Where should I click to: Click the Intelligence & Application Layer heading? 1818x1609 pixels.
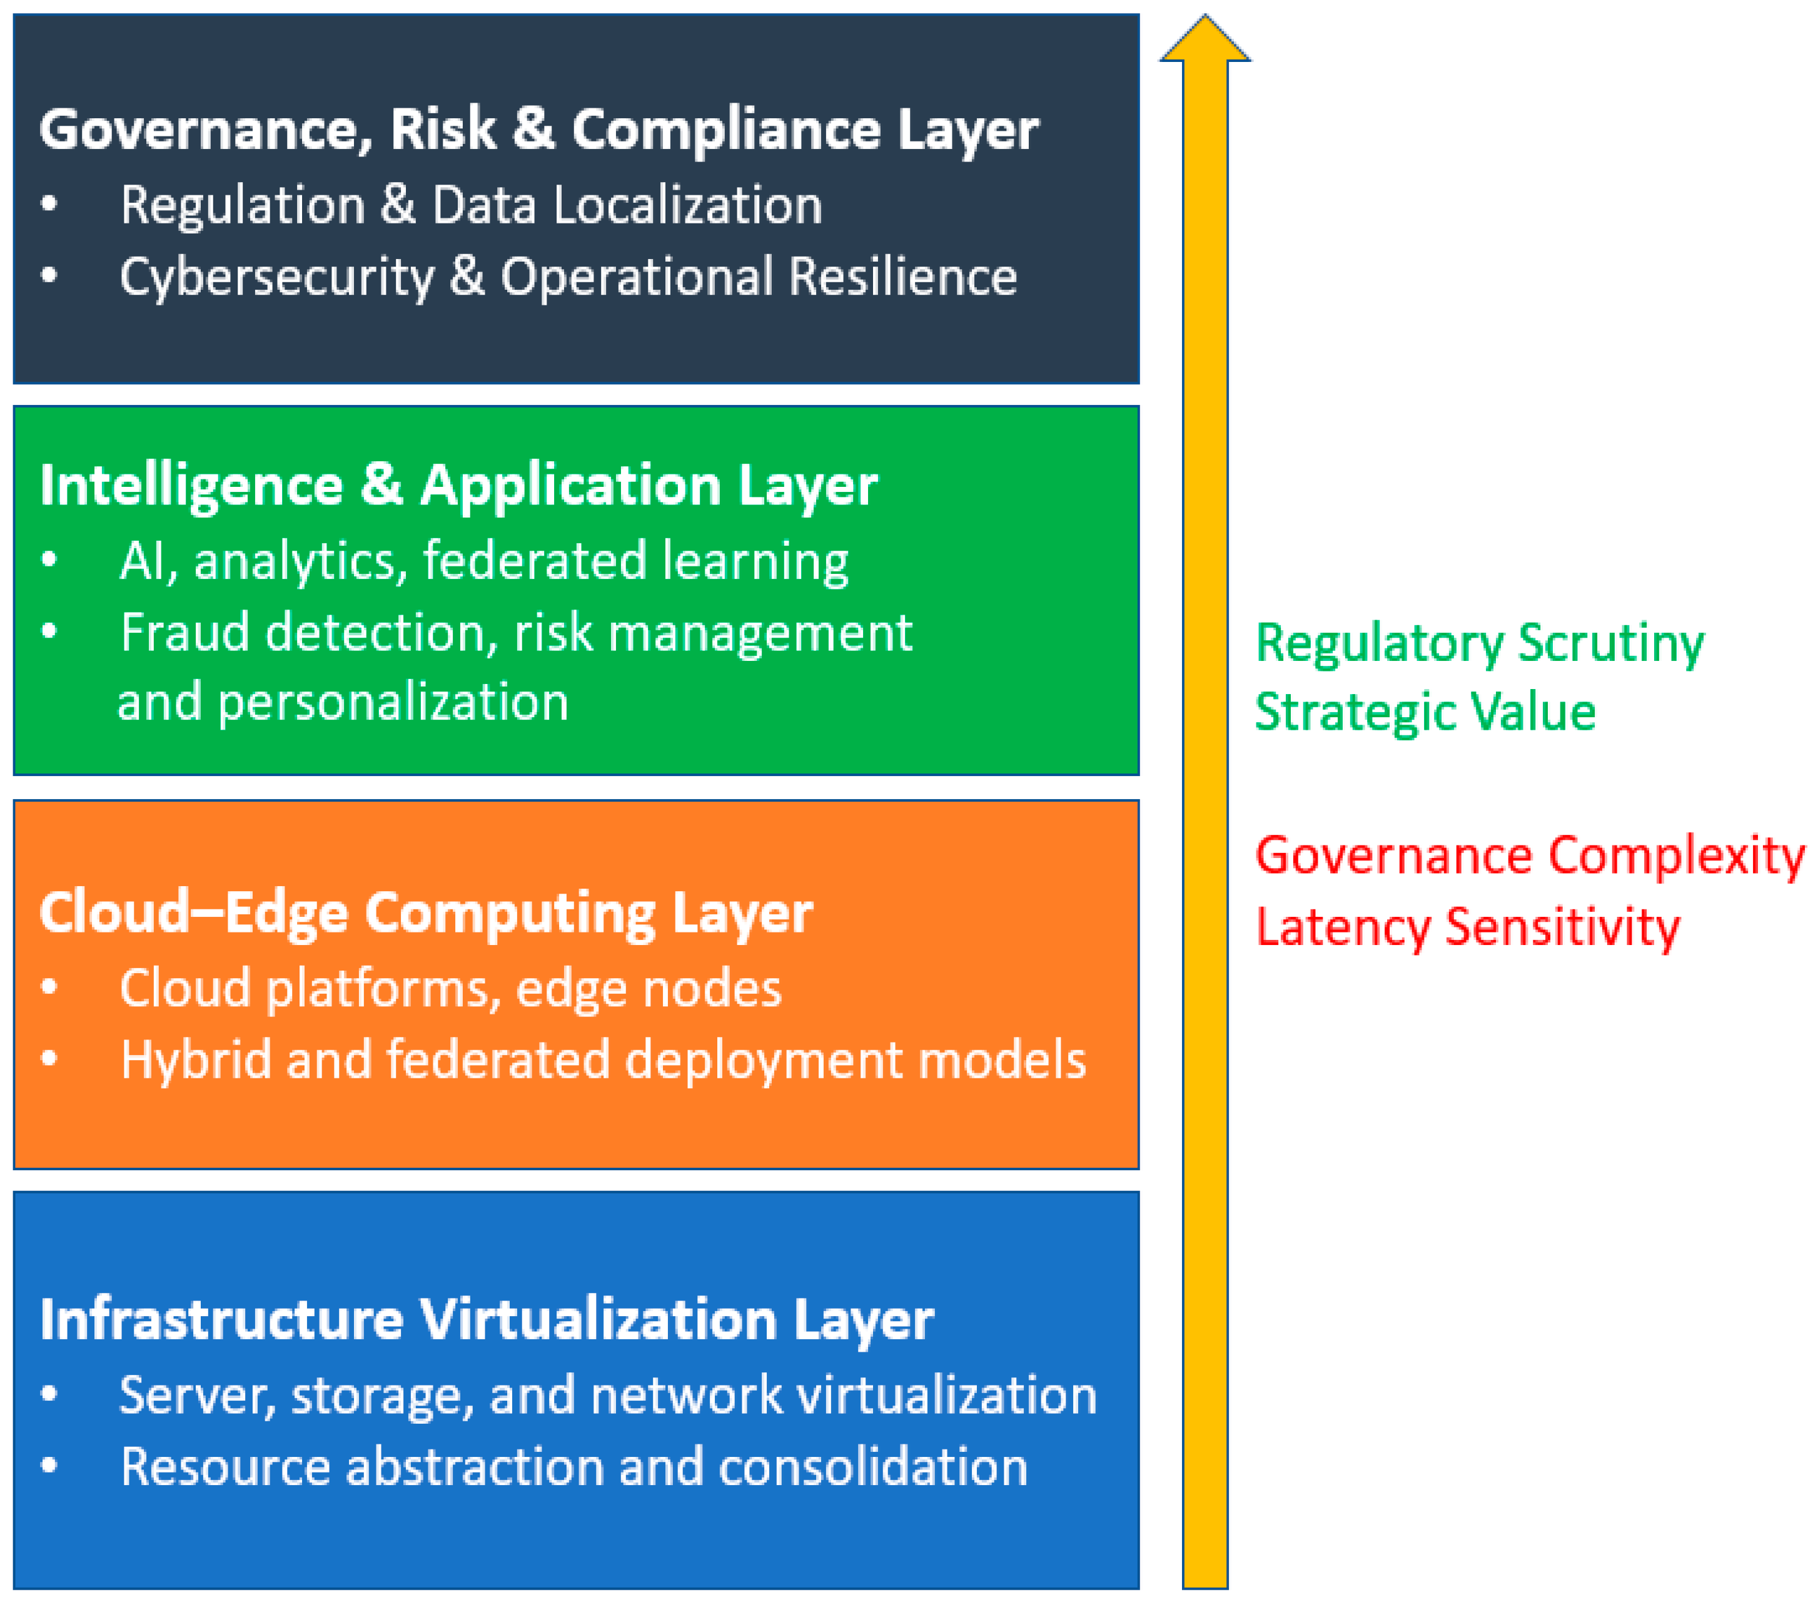(x=458, y=486)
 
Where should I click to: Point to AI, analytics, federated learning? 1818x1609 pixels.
(x=484, y=561)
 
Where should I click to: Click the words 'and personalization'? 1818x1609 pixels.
(x=343, y=702)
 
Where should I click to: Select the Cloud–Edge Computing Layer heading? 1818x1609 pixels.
(x=426, y=913)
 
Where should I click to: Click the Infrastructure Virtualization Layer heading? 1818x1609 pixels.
(x=487, y=1320)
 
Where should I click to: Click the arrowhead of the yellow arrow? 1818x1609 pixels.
(x=1205, y=40)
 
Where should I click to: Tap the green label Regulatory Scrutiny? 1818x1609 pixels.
(x=1479, y=643)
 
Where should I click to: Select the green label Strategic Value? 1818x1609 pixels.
(x=1425, y=713)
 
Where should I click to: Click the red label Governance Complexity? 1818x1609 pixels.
(x=1530, y=856)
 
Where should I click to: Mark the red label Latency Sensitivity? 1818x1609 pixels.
(x=1468, y=927)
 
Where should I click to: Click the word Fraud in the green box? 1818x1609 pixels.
(x=185, y=633)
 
